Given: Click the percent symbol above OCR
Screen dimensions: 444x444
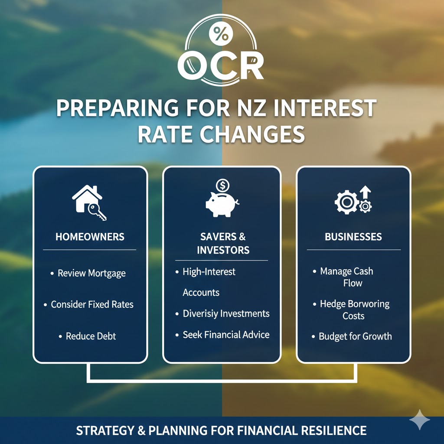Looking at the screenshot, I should pyautogui.click(x=220, y=34).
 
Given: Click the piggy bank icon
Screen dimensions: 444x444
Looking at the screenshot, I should pyautogui.click(x=222, y=204).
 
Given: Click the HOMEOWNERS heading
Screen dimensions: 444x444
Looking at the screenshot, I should pyautogui.click(x=90, y=237).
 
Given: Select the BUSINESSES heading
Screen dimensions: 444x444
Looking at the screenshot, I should pyautogui.click(x=353, y=237).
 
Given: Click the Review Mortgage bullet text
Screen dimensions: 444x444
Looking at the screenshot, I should pyautogui.click(x=91, y=273).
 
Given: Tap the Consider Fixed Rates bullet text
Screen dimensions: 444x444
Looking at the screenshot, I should pyautogui.click(x=92, y=304).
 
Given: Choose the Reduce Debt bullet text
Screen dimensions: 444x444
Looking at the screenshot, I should pyautogui.click(x=91, y=336).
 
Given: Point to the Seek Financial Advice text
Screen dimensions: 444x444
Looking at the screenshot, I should pyautogui.click(x=226, y=335).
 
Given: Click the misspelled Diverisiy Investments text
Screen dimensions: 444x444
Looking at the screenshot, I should pyautogui.click(x=226, y=313).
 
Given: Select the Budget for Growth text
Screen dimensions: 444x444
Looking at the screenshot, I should pyautogui.click(x=355, y=336).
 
